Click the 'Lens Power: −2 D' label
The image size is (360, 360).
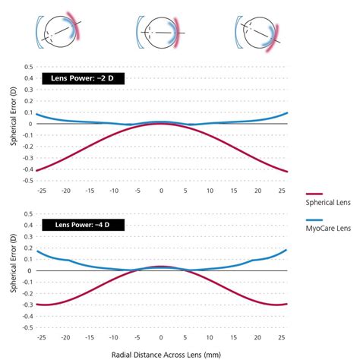(x=77, y=78)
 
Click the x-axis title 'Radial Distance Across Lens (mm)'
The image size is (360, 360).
(x=160, y=353)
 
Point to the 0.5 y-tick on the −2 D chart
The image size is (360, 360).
(x=27, y=66)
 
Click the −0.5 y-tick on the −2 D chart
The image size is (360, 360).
(x=26, y=181)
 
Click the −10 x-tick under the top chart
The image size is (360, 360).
(x=113, y=191)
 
